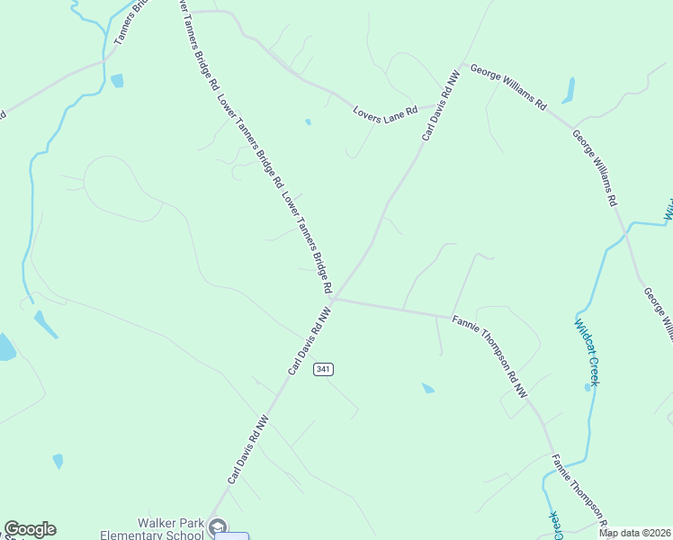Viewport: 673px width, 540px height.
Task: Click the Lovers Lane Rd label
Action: point(385,110)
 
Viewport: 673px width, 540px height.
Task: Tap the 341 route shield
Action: point(324,369)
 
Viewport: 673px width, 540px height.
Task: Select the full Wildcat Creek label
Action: point(587,352)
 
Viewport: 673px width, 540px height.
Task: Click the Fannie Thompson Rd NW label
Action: point(490,356)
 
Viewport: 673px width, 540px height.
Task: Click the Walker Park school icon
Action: point(216,526)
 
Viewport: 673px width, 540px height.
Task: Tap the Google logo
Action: point(30,529)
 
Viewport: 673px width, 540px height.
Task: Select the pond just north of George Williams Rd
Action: point(569,90)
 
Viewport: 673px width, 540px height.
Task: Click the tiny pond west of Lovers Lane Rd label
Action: point(308,121)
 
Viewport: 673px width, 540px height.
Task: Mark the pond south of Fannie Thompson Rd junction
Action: point(428,388)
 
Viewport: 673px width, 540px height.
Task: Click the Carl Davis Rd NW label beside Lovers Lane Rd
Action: point(442,106)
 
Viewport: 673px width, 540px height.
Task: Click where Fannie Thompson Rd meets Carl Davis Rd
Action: point(333,300)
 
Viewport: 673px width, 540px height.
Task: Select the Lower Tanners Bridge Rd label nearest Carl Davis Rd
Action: point(307,243)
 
